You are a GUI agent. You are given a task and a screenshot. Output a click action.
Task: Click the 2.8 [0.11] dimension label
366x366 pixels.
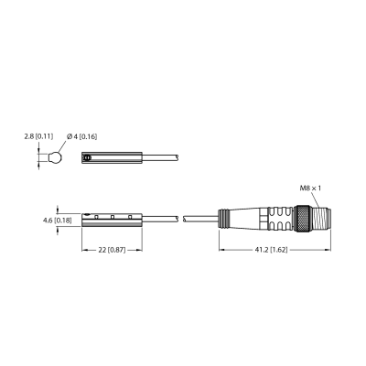click(x=38, y=136)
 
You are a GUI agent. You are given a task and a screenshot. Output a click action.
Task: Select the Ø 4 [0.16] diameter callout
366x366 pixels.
click(x=81, y=136)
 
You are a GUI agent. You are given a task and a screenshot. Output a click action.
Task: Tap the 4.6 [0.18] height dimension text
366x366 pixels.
click(x=58, y=221)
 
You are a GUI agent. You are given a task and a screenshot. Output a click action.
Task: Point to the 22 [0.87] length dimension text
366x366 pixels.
click(x=112, y=250)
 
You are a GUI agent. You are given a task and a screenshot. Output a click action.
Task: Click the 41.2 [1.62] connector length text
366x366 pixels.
click(x=271, y=250)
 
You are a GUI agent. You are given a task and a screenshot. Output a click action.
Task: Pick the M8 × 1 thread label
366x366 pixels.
click(x=310, y=188)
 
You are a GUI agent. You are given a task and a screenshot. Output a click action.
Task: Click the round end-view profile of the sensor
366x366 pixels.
click(x=55, y=157)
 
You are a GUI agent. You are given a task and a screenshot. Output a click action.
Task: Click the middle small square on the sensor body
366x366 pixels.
click(x=113, y=217)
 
